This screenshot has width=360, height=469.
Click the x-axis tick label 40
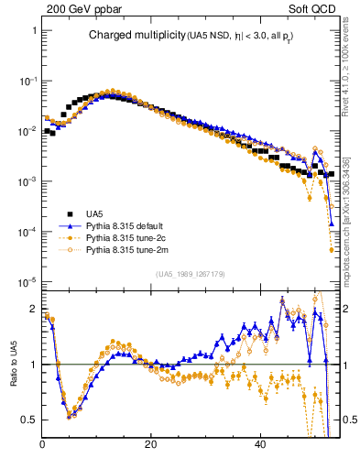(x=260, y=444)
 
